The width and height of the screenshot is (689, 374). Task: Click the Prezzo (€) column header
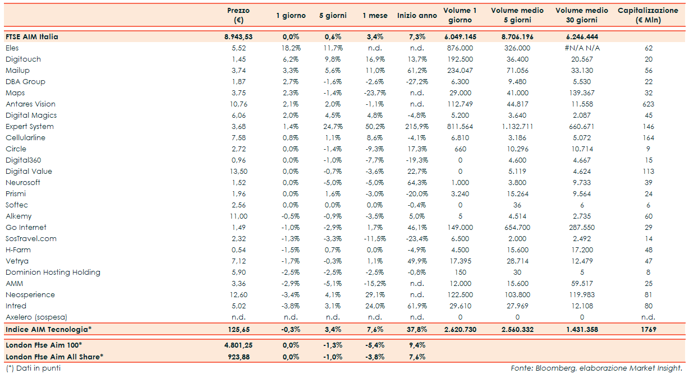pos(238,15)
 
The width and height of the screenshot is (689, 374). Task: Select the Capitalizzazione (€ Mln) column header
pos(648,15)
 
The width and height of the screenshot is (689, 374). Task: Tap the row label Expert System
pos(30,127)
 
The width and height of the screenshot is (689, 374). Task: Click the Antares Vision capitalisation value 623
pos(649,104)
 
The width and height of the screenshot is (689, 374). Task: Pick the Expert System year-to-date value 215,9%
pos(416,127)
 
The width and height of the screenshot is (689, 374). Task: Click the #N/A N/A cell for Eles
pos(582,48)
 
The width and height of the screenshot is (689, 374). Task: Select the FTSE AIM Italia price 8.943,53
pos(238,36)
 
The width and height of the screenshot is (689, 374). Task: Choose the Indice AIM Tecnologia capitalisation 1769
pos(649,329)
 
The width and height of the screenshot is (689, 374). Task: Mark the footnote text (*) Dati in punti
pos(33,368)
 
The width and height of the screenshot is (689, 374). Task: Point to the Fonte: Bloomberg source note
pos(596,368)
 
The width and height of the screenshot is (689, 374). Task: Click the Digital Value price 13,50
pos(239,172)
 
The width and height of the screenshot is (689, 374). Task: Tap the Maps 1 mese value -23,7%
pos(374,93)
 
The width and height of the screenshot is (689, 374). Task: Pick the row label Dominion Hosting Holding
pos(53,273)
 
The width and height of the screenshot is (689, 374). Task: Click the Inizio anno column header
pos(417,16)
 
